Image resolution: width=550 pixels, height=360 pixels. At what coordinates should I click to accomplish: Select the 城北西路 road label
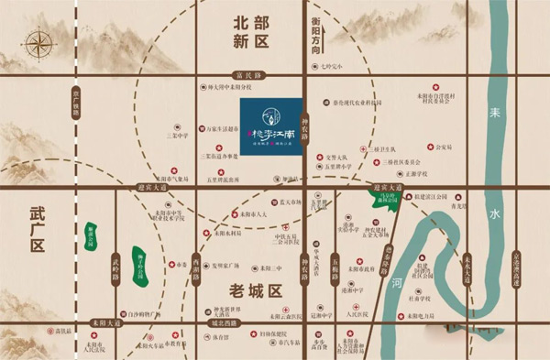click(224, 323)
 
